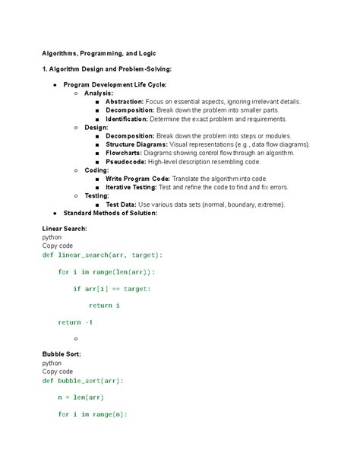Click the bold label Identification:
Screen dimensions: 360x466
127,119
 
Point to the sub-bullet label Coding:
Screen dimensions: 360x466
96,170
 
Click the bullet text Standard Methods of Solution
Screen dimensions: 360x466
110,213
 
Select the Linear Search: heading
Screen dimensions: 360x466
65,229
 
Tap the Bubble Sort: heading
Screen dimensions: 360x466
62,354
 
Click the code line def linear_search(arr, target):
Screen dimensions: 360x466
103,255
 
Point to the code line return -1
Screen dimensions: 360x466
75,322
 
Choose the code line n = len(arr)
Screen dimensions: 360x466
81,397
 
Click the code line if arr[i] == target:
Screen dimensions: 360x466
112,289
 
